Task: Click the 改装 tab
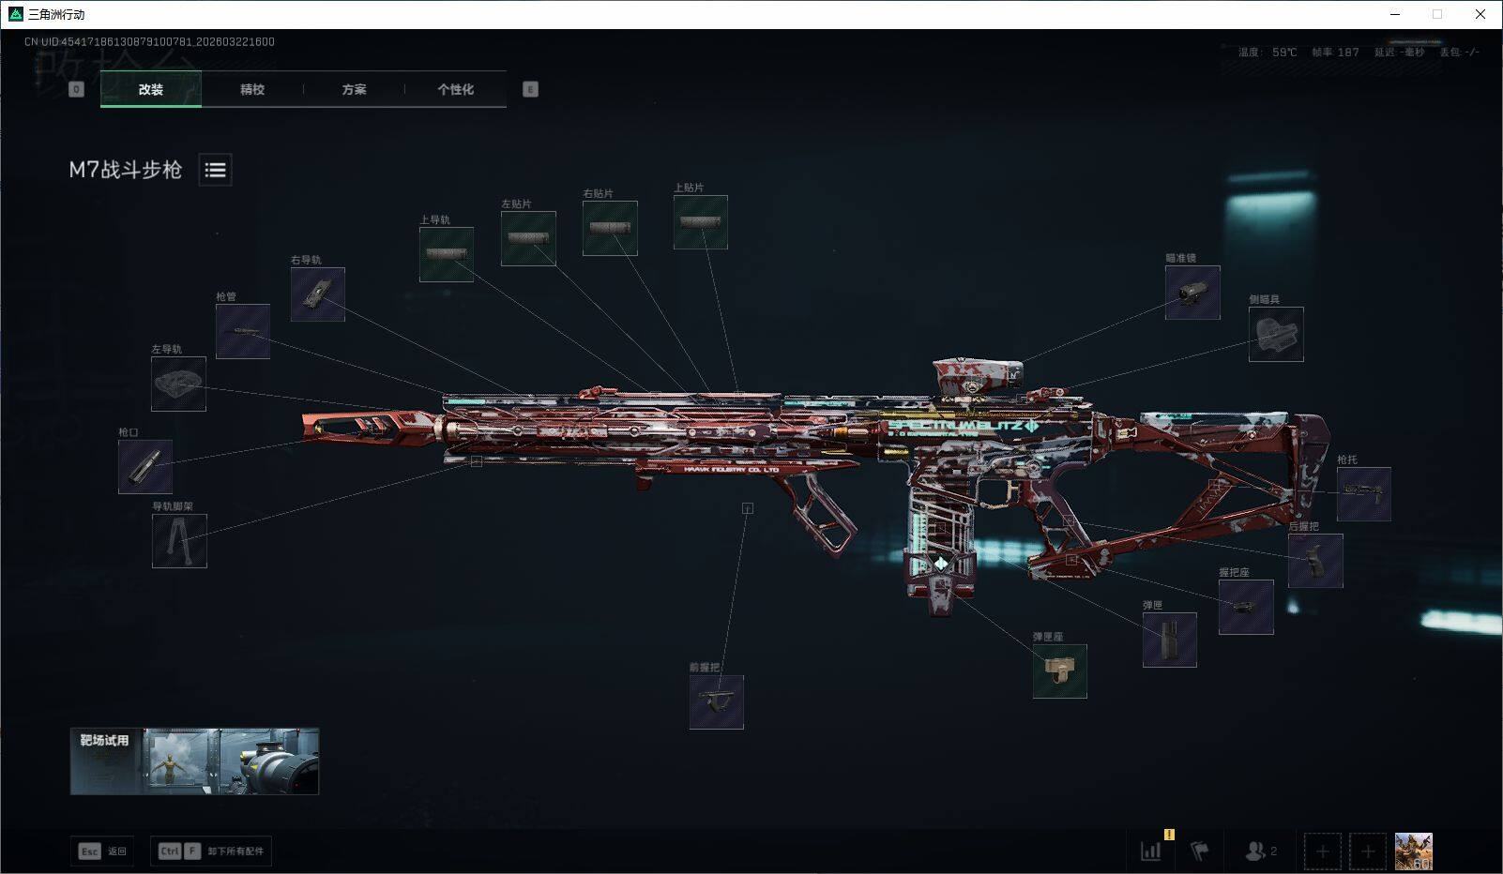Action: pyautogui.click(x=151, y=89)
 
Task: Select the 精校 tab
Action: pyautogui.click(x=252, y=89)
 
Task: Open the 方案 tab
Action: pyautogui.click(x=354, y=89)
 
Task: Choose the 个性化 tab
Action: pyautogui.click(x=455, y=89)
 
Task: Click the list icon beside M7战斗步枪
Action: pyautogui.click(x=215, y=170)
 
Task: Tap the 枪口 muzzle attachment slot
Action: pyautogui.click(x=145, y=466)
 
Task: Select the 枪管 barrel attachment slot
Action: pyautogui.click(x=243, y=331)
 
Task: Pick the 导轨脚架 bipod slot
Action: pyautogui.click(x=179, y=540)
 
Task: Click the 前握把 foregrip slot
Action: pyautogui.click(x=717, y=701)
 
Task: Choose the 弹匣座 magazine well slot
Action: pyautogui.click(x=1060, y=671)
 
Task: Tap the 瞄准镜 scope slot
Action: pyautogui.click(x=1192, y=292)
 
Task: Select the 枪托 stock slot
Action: pyautogui.click(x=1363, y=493)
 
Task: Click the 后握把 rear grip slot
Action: pyautogui.click(x=1315, y=561)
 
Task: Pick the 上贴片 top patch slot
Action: pyautogui.click(x=701, y=222)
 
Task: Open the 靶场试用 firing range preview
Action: pyautogui.click(x=194, y=761)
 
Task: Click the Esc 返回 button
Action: pyautogui.click(x=102, y=851)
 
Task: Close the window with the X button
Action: pyautogui.click(x=1480, y=14)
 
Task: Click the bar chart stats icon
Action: pyautogui.click(x=1150, y=851)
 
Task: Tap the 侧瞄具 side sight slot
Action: pyautogui.click(x=1276, y=334)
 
